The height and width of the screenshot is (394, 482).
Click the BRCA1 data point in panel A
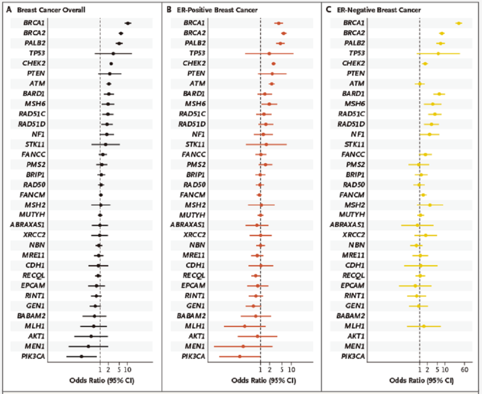coord(128,23)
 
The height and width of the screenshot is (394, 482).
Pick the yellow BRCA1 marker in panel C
coord(458,23)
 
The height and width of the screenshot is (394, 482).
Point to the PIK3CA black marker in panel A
coord(81,356)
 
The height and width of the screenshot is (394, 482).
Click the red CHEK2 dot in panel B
coord(274,64)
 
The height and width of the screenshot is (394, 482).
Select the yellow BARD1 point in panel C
coord(439,94)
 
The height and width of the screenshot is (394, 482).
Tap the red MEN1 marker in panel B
coord(243,346)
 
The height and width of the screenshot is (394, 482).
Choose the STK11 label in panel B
coord(195,144)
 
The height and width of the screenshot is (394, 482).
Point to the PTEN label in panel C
coord(355,74)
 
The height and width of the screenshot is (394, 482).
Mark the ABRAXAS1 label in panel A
coord(27,224)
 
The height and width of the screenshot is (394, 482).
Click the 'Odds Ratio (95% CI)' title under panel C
coord(422,381)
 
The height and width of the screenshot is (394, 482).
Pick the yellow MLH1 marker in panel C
coord(424,326)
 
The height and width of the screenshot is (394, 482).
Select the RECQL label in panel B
coord(194,275)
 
